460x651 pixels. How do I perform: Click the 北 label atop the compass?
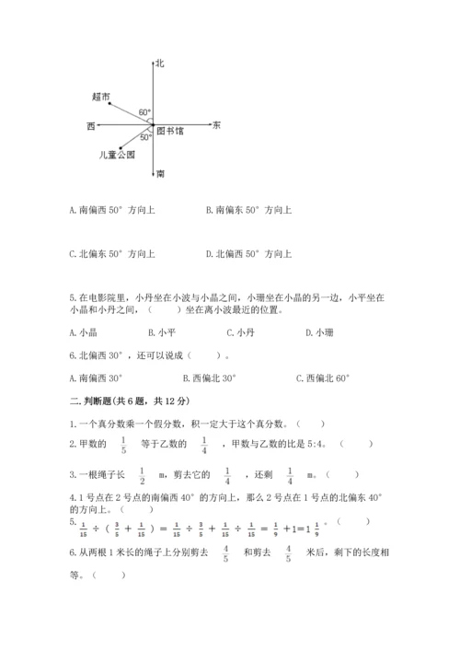click(160, 63)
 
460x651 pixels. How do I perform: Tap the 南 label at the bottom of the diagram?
click(161, 173)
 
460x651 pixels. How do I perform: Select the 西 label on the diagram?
click(90, 124)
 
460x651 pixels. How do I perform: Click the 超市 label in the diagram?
click(101, 96)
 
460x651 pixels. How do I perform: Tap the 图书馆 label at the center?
click(170, 131)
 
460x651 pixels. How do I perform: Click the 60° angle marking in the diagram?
click(144, 112)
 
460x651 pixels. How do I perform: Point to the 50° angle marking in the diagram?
click(145, 136)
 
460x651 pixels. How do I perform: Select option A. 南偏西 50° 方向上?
click(111, 210)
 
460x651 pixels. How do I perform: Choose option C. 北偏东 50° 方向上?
click(111, 254)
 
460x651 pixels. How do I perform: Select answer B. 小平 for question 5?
click(162, 332)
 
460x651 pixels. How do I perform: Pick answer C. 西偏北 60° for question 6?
click(324, 378)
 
